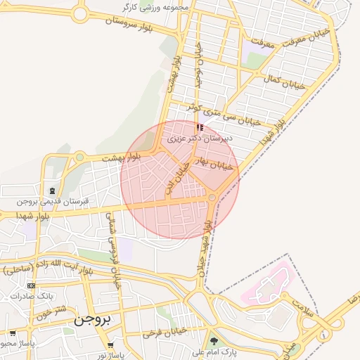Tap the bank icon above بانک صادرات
click(x=31, y=285)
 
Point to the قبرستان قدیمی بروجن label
click(x=54, y=202)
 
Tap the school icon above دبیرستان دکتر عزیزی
click(x=200, y=128)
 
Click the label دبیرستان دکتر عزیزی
click(x=199, y=139)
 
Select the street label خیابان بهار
click(x=214, y=165)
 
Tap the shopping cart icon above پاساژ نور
click(x=110, y=345)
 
